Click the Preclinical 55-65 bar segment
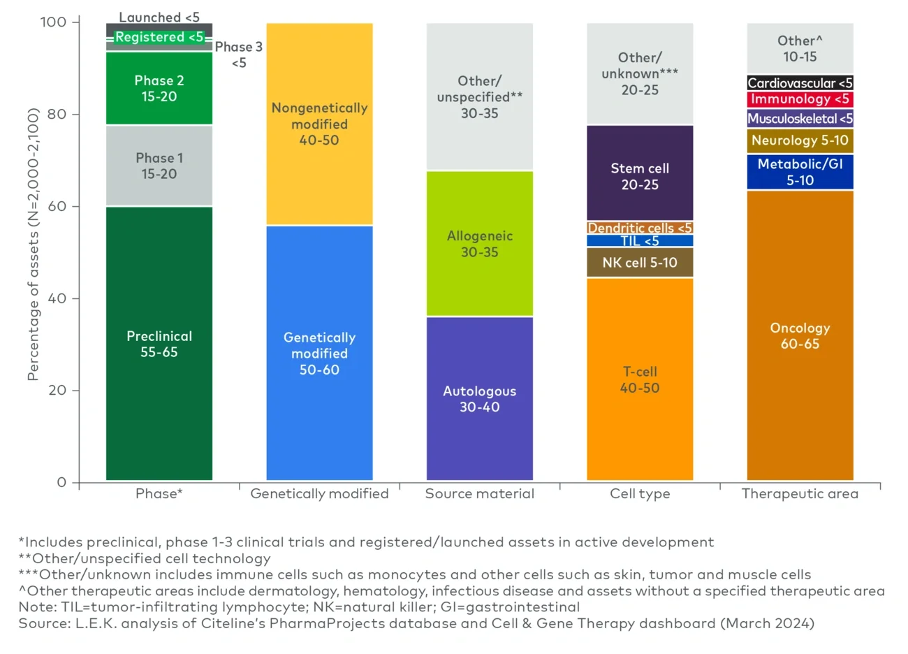click(159, 344)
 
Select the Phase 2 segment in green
click(159, 89)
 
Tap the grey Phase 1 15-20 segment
click(159, 166)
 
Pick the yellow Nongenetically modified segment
click(319, 124)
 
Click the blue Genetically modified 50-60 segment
click(319, 353)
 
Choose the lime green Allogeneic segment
click(479, 244)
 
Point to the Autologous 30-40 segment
click(479, 398)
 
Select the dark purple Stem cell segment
click(640, 176)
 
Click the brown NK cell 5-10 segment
click(640, 263)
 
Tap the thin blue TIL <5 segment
click(640, 241)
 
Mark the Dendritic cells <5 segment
click(640, 228)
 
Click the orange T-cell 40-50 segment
click(640, 379)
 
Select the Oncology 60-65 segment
click(800, 335)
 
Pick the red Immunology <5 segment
click(800, 99)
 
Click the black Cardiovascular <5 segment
click(800, 83)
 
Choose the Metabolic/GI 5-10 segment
click(800, 172)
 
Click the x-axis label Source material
click(479, 494)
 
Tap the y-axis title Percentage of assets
click(33, 245)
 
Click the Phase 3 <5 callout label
click(239, 54)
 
